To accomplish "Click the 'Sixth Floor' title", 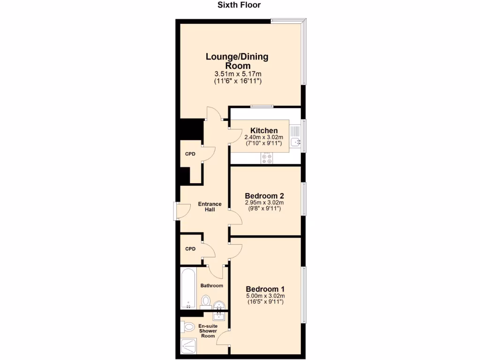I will [x=239, y=5].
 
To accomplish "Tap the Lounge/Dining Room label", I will [x=237, y=61].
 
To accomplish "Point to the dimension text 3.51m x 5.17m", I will [x=238, y=74].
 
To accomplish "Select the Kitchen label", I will [x=264, y=130].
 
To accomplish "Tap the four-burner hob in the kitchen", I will [x=267, y=158].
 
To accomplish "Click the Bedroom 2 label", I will [x=265, y=195].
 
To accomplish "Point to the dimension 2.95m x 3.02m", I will [x=265, y=202].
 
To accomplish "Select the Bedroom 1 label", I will [x=265, y=289].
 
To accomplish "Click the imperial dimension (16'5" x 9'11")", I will [x=265, y=302].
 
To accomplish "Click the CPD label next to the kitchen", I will [x=190, y=154].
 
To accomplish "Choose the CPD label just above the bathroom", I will [x=190, y=249].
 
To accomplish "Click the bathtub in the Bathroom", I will [x=188, y=288].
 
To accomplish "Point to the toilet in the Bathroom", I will [x=205, y=300].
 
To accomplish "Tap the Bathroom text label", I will [x=212, y=285].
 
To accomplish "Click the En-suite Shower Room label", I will [x=208, y=330].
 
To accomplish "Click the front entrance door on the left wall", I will [x=177, y=211].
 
